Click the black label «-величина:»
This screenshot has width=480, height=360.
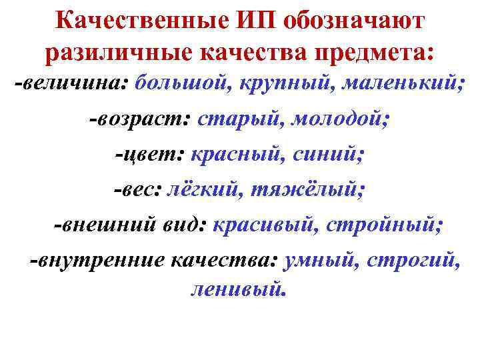(x=72, y=84)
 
